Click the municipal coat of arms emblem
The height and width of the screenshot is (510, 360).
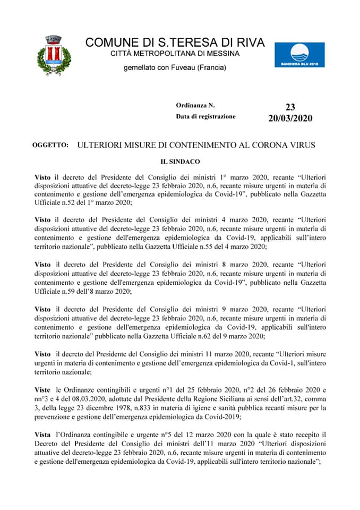click(x=53, y=55)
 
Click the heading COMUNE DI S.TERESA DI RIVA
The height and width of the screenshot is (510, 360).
click(x=175, y=42)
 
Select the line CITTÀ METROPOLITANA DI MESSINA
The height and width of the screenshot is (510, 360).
click(x=175, y=54)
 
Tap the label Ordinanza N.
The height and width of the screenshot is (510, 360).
click(x=195, y=106)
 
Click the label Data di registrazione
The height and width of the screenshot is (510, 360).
click(x=206, y=116)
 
